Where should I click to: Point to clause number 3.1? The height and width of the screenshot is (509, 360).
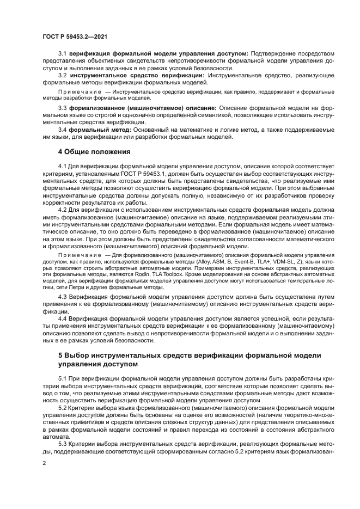(x=62, y=53)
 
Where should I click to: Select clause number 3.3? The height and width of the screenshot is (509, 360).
(x=62, y=108)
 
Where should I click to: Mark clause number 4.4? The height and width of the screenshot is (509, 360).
(x=62, y=318)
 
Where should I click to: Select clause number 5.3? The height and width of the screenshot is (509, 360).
(x=62, y=444)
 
